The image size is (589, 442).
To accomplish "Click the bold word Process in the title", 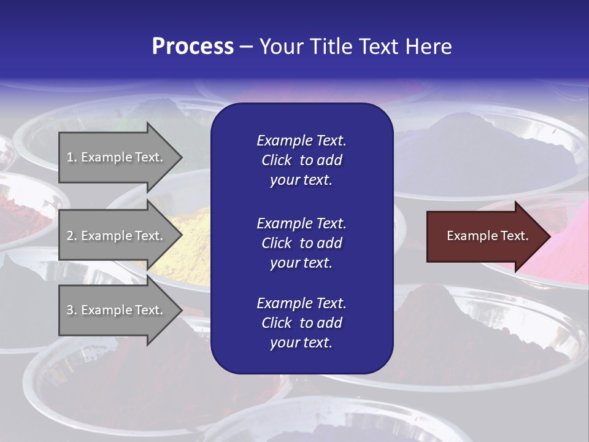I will (193, 47).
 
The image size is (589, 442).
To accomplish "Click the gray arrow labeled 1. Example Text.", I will (117, 157).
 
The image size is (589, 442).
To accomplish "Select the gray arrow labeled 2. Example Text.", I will (117, 236).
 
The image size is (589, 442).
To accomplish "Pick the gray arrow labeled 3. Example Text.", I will (117, 310).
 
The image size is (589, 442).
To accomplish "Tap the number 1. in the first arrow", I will (72, 158).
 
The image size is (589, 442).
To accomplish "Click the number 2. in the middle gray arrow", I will (72, 236).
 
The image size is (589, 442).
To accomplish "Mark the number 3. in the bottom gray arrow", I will (72, 311).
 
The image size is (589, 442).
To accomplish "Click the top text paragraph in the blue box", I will (301, 160).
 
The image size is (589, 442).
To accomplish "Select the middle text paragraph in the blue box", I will (301, 242).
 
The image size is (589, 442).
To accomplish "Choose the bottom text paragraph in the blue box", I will (301, 323).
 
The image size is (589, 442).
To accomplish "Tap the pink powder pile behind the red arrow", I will (568, 246).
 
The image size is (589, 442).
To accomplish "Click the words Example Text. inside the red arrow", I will (487, 236).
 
